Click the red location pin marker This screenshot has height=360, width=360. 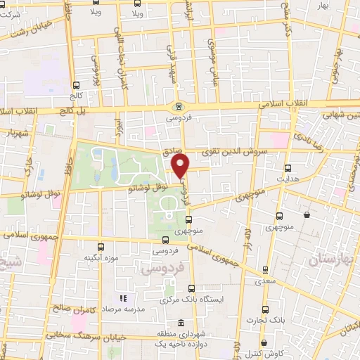pos(181,166)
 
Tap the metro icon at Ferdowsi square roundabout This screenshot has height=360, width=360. pos(179,107)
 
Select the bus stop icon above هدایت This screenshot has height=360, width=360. pos(288,168)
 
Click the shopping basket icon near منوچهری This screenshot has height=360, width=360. pos(307,215)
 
